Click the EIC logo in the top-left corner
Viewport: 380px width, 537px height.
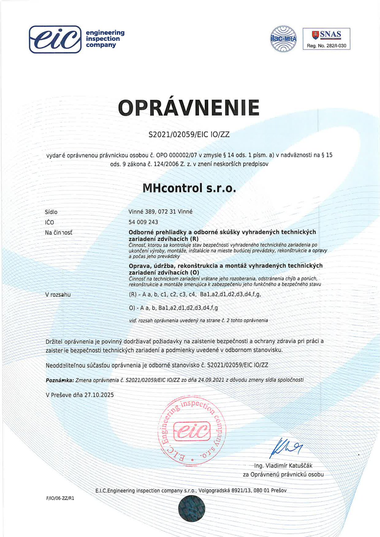pyautogui.click(x=55, y=39)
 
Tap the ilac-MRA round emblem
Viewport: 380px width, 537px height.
pyautogui.click(x=283, y=39)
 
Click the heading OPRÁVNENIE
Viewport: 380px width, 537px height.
pyautogui.click(x=189, y=108)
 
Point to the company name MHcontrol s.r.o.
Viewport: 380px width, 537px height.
pyautogui.click(x=189, y=188)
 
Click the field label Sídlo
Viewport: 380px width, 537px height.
pyautogui.click(x=51, y=212)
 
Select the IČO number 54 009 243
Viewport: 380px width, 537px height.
pyautogui.click(x=143, y=222)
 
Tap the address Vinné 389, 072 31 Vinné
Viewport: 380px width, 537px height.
pyautogui.click(x=160, y=212)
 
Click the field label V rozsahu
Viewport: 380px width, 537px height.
pyautogui.click(x=58, y=295)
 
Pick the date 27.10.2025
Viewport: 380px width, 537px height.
pyautogui.click(x=99, y=395)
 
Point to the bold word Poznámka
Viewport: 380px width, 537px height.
pyautogui.click(x=60, y=380)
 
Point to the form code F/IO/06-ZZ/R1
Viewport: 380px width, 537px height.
pyautogui.click(x=60, y=498)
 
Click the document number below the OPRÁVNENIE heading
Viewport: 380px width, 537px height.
pyautogui.click(x=189, y=134)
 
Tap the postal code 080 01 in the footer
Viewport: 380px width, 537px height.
pyautogui.click(x=261, y=490)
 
